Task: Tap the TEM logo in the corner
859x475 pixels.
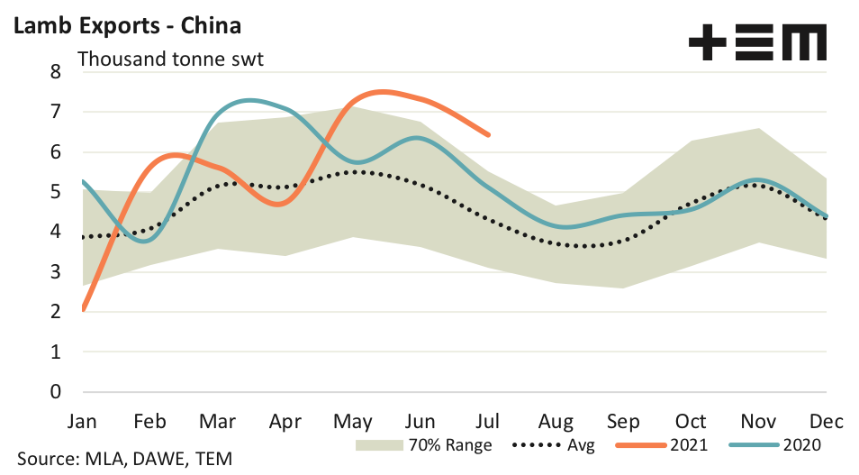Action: [x=756, y=42]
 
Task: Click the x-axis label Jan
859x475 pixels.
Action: [x=82, y=421]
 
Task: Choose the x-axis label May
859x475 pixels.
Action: [x=353, y=421]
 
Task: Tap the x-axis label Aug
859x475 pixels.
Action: [x=556, y=421]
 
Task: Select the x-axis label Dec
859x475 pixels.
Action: [x=827, y=421]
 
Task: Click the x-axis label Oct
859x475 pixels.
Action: [x=691, y=421]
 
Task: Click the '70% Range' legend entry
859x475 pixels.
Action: [x=423, y=444]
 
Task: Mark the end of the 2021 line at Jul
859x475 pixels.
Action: [x=488, y=134]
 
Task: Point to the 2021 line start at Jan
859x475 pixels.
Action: [x=83, y=309]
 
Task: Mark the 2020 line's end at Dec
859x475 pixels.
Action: [x=826, y=216]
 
